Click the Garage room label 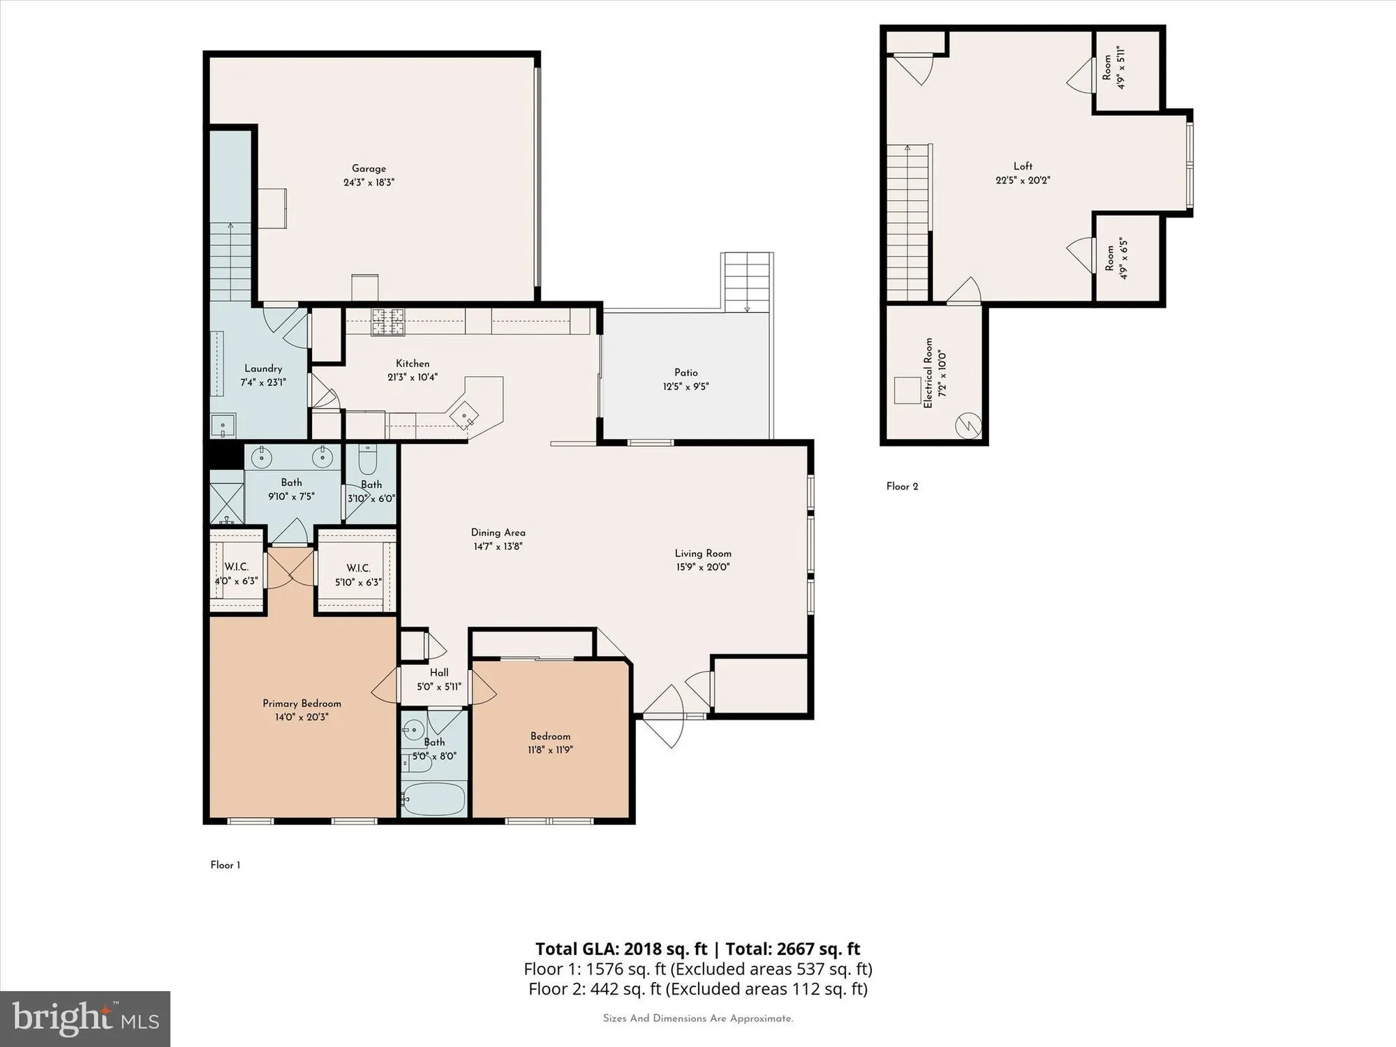[x=369, y=168]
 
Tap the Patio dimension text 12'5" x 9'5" [x=685, y=387]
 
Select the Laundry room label [x=263, y=369]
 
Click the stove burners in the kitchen [x=387, y=322]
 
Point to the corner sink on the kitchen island [x=465, y=416]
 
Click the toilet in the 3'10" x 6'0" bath [x=367, y=460]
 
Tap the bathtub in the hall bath [x=433, y=799]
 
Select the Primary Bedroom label [x=302, y=704]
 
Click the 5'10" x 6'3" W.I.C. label [x=358, y=568]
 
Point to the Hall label [x=439, y=673]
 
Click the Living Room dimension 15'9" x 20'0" [x=702, y=567]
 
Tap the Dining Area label [x=498, y=533]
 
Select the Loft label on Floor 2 [x=1023, y=166]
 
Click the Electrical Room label [x=928, y=373]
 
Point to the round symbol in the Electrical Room [x=968, y=425]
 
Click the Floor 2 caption [x=902, y=487]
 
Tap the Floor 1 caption [x=225, y=866]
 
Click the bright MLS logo [x=84, y=1019]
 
